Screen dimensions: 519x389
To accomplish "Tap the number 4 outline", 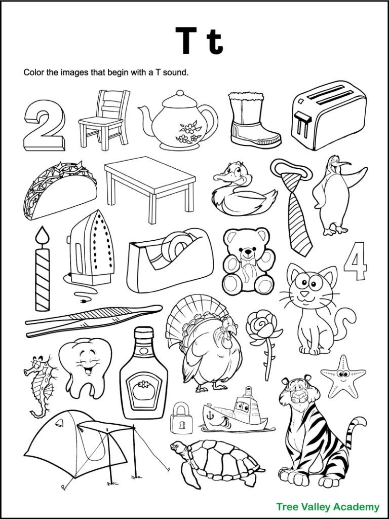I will point(356,262).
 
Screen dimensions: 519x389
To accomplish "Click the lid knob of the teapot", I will point(178,94).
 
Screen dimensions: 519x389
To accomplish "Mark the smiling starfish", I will point(343,376).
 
